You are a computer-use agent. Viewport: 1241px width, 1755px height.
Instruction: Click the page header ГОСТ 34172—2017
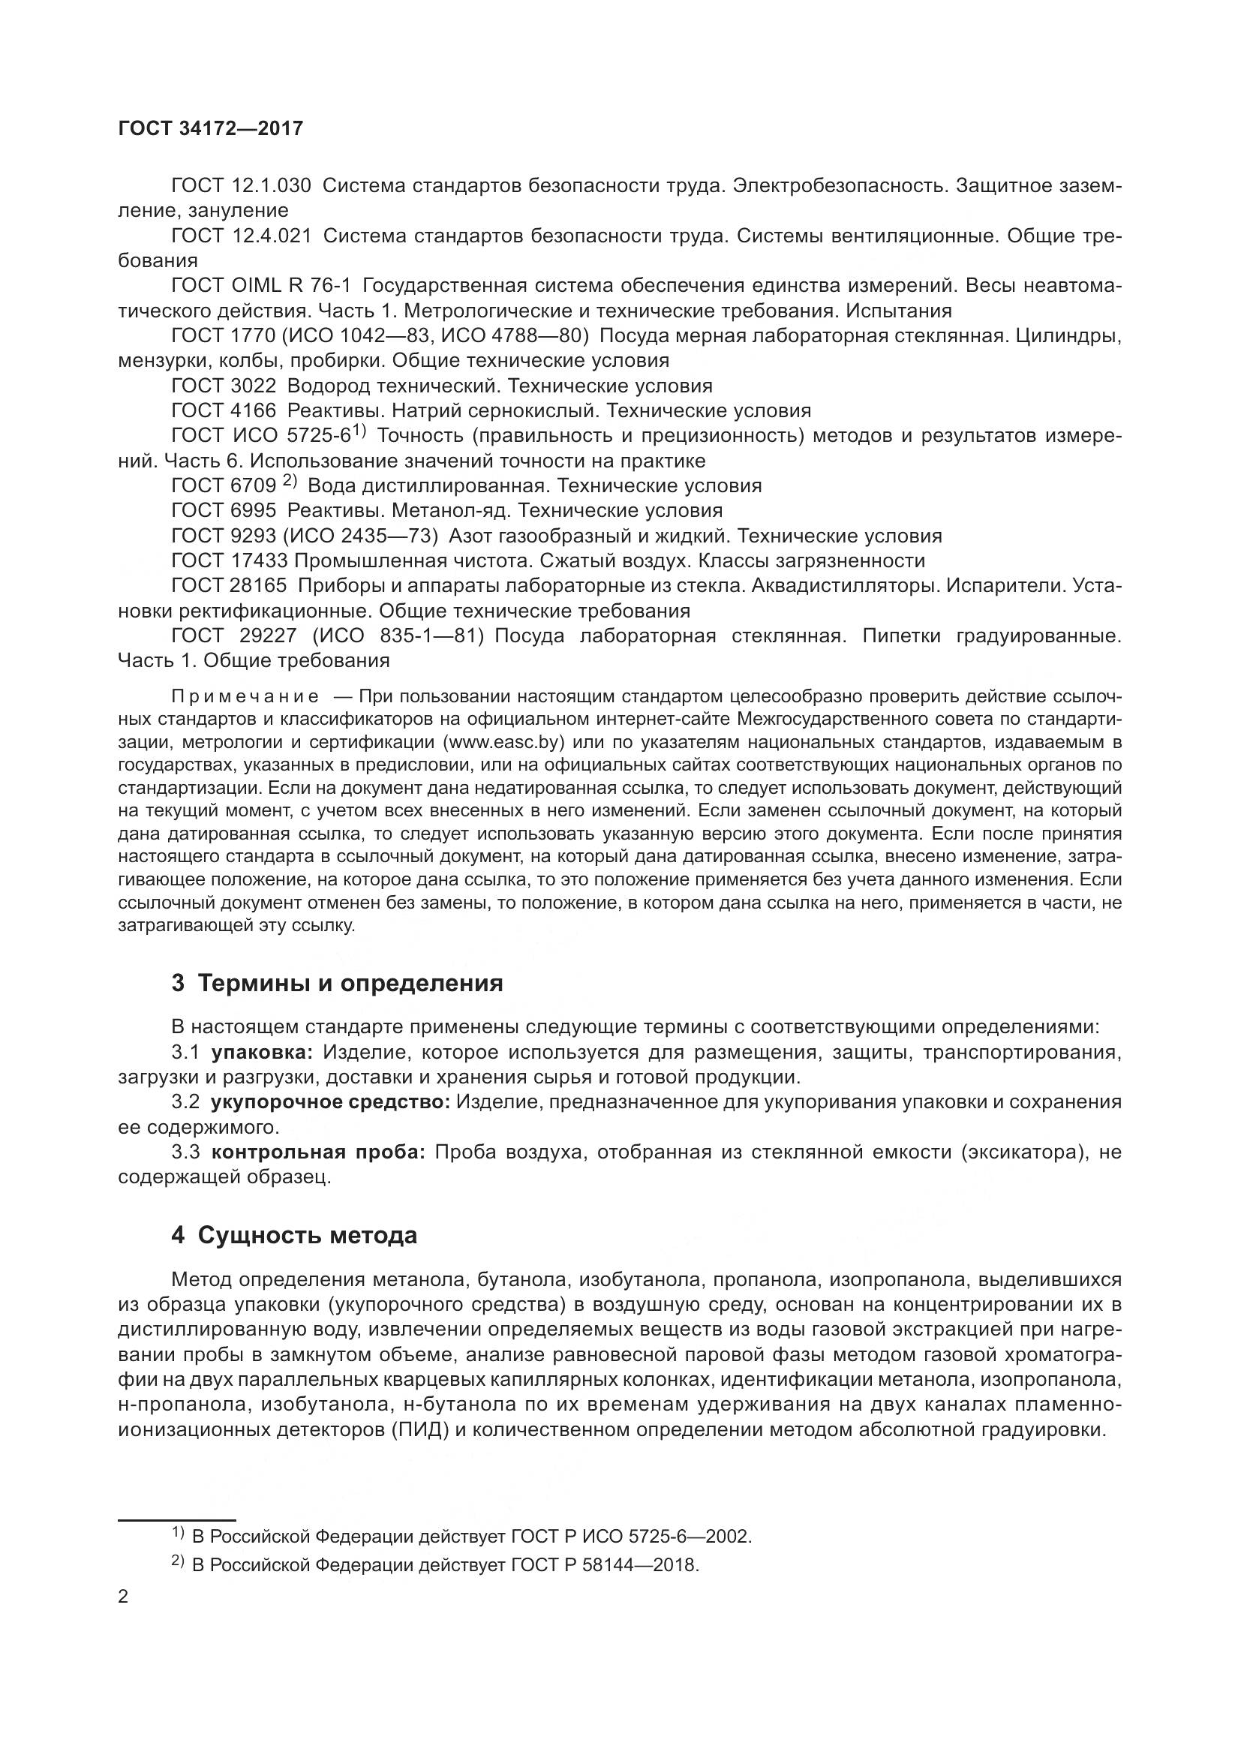(210, 128)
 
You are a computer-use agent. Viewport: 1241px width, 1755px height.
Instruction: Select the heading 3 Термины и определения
(337, 983)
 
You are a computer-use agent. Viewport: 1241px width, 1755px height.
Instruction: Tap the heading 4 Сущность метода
(294, 1235)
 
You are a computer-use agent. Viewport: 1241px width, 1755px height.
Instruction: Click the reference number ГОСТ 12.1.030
(242, 186)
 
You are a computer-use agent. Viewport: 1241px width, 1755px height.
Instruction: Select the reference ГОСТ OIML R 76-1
(261, 286)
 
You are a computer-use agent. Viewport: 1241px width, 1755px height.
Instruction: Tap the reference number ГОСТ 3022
(223, 386)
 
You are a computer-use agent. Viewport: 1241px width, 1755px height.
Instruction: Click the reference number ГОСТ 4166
(223, 411)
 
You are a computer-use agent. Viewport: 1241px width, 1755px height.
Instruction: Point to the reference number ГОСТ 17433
(230, 561)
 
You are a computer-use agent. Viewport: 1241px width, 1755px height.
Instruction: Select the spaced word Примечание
(245, 696)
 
